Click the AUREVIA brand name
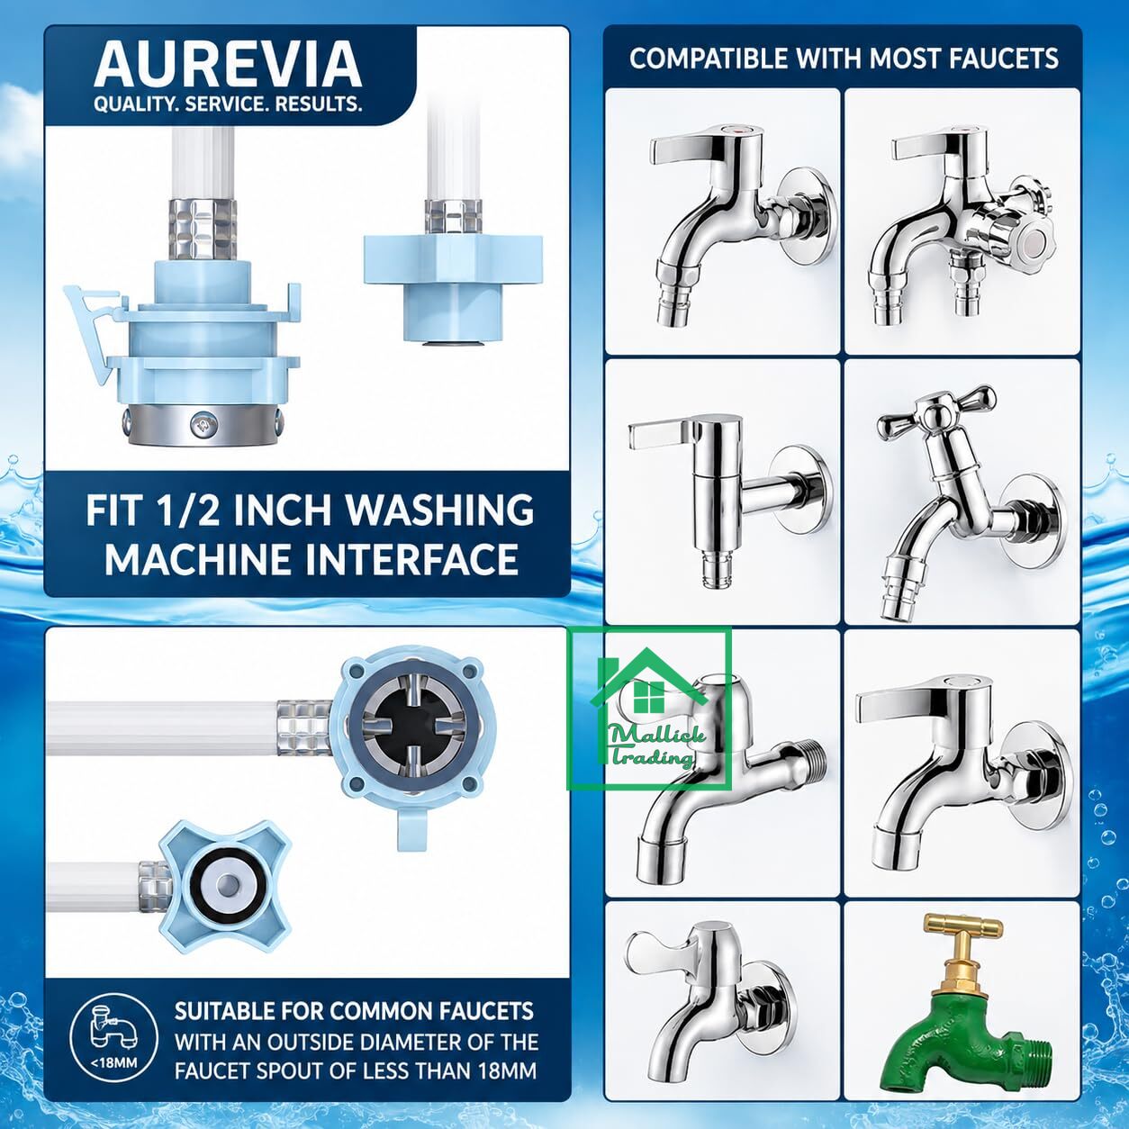point(227,65)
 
